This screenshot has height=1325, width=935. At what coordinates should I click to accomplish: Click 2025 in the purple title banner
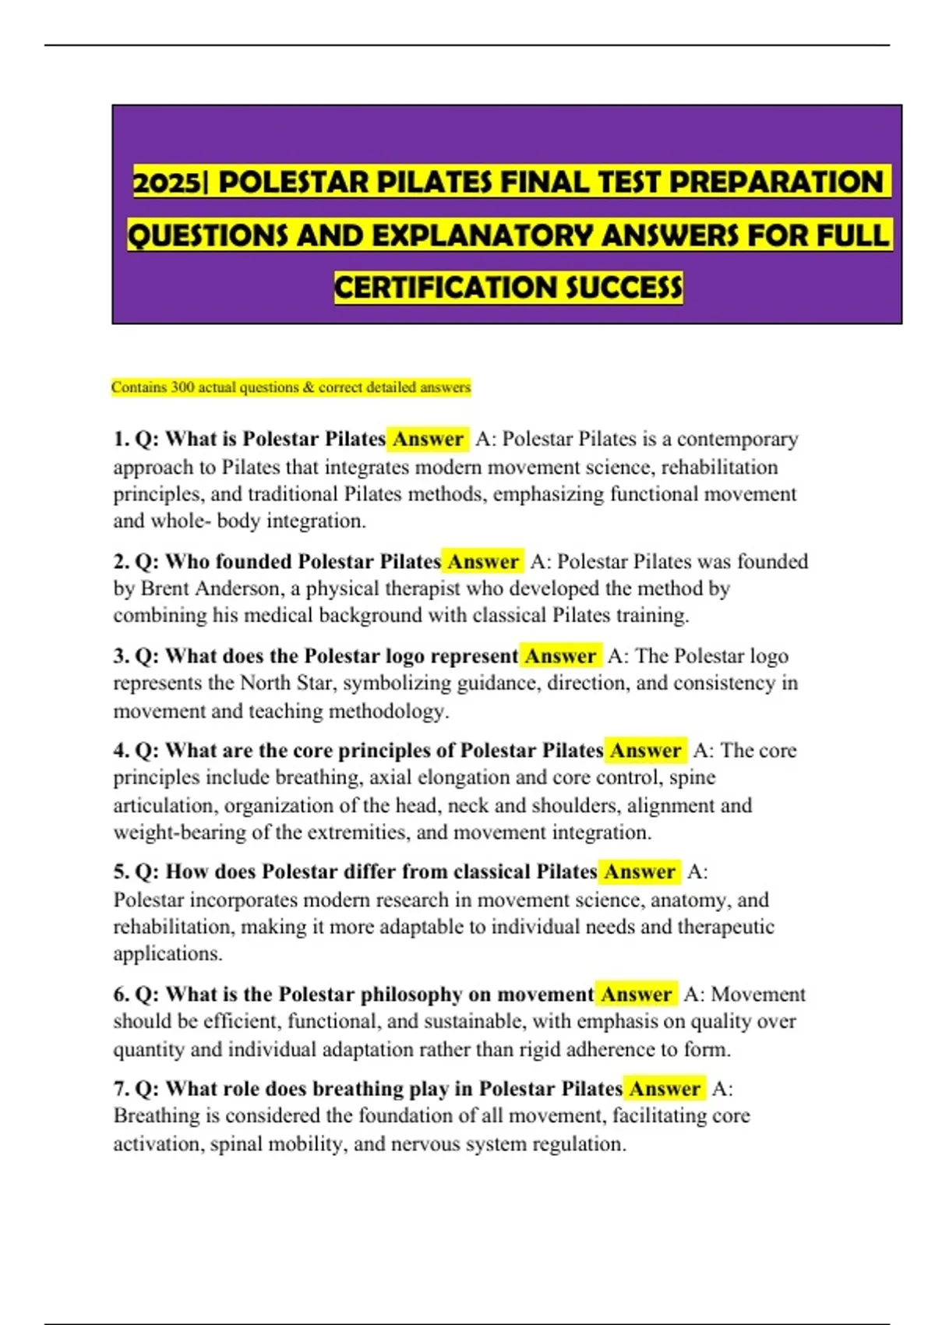point(166,182)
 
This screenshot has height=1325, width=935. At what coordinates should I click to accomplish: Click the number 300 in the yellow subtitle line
point(182,387)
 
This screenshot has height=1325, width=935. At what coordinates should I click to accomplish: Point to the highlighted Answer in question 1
point(428,439)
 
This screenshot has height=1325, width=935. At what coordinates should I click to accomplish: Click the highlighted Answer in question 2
point(482,561)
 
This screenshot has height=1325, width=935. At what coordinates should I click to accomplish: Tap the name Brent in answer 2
point(164,588)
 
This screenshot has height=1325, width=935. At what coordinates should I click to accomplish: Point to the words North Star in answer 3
point(288,684)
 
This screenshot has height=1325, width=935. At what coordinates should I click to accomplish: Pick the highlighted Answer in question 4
point(645,751)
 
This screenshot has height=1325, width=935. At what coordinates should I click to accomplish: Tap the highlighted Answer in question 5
point(639,871)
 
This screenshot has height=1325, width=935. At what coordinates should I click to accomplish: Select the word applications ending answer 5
point(166,954)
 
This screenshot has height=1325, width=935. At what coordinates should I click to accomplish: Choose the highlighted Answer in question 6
point(636,995)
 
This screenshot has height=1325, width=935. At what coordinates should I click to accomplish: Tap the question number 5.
point(121,871)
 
